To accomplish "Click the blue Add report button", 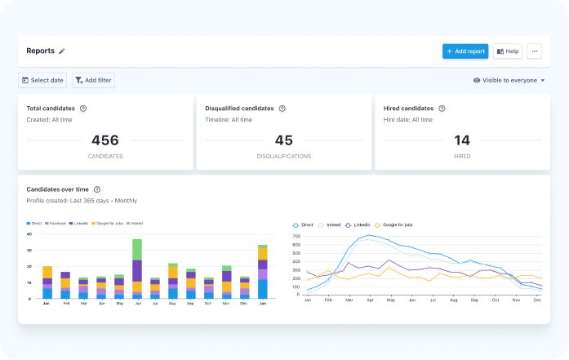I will coord(465,51).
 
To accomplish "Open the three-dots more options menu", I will coord(534,51).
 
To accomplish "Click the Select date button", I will coord(42,80).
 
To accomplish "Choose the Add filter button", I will coord(93,80).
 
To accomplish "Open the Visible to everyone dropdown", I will coord(509,80).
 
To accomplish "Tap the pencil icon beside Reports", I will coord(62,51).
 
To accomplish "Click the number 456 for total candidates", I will coord(105,140).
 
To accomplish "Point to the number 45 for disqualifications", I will coord(284,140).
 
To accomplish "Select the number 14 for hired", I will coord(462,140).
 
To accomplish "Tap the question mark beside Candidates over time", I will coord(97,189).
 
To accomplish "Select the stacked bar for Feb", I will coord(65,285).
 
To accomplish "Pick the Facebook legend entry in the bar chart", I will coord(56,223).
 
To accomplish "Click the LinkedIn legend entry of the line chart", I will coord(358,224).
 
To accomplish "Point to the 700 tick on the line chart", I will coord(296,237).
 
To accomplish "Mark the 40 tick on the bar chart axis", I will coord(29,234).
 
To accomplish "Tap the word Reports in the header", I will coord(40,51).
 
